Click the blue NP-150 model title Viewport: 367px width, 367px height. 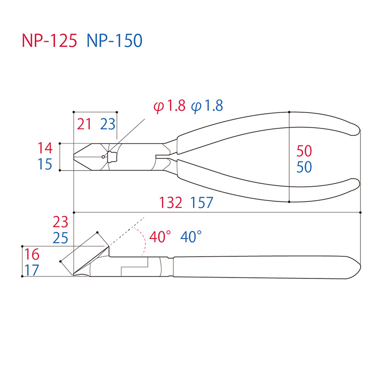115,41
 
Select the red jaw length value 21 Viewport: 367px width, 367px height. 84,124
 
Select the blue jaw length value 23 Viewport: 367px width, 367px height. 108,124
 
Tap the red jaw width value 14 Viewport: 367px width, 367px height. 45,148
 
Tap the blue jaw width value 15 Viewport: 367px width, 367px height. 45,164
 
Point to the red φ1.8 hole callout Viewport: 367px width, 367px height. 170,106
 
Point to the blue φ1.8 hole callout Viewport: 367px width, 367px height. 207,106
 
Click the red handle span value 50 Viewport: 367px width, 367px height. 304,150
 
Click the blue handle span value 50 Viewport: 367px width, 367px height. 304,167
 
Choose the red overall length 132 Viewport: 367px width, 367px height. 172,202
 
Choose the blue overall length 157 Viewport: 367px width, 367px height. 200,202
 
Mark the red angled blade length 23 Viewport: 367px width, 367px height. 60,222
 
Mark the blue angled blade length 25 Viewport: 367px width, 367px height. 60,238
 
